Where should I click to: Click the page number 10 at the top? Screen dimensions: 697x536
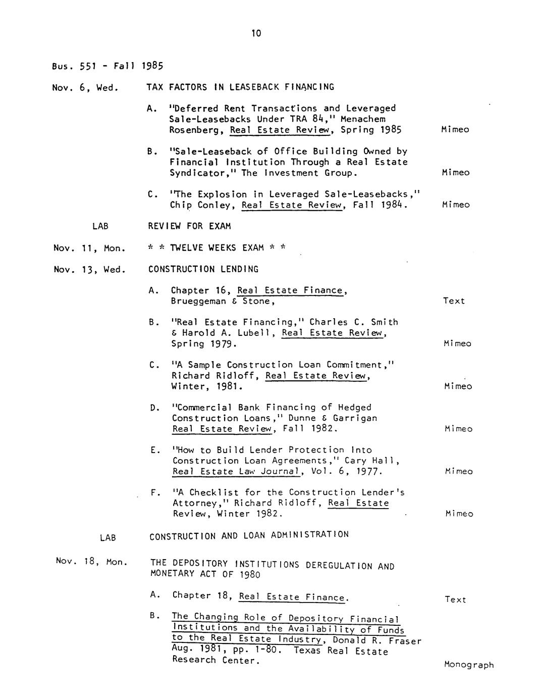[x=256, y=34]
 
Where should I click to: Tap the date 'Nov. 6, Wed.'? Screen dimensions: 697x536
[x=85, y=87]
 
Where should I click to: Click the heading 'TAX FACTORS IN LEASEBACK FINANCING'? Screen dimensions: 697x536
[x=240, y=87]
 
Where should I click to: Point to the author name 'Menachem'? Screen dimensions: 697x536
[x=363, y=119]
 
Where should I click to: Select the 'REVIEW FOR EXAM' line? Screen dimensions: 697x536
[x=186, y=226]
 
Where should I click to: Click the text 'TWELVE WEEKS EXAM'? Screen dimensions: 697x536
[x=217, y=247]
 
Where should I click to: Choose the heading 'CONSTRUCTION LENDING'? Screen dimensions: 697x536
[x=203, y=269]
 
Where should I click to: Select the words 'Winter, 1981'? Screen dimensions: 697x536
[x=207, y=387]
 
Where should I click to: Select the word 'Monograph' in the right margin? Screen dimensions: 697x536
[x=469, y=665]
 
